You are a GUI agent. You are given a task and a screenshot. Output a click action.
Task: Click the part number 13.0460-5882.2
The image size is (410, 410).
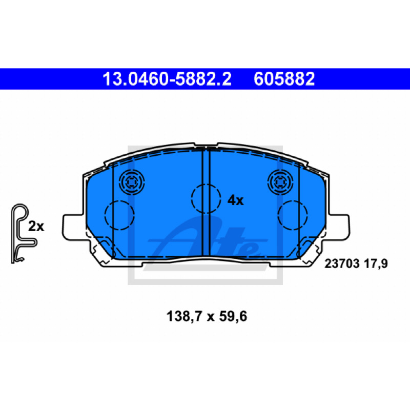tap(167, 79)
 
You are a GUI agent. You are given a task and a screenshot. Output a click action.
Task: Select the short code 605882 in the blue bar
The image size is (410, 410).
tap(284, 79)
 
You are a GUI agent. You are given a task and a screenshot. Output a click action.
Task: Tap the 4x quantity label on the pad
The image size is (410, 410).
tap(235, 200)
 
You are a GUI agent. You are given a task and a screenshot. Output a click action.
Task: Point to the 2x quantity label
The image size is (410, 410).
tap(36, 227)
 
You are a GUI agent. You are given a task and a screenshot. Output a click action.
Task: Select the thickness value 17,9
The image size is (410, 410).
tap(376, 263)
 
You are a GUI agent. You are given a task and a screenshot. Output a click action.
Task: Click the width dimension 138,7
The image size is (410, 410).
tap(184, 316)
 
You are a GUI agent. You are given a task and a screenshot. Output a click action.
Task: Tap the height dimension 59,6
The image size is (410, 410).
tap(233, 316)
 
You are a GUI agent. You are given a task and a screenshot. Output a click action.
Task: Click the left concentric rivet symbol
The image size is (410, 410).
tap(132, 182)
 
